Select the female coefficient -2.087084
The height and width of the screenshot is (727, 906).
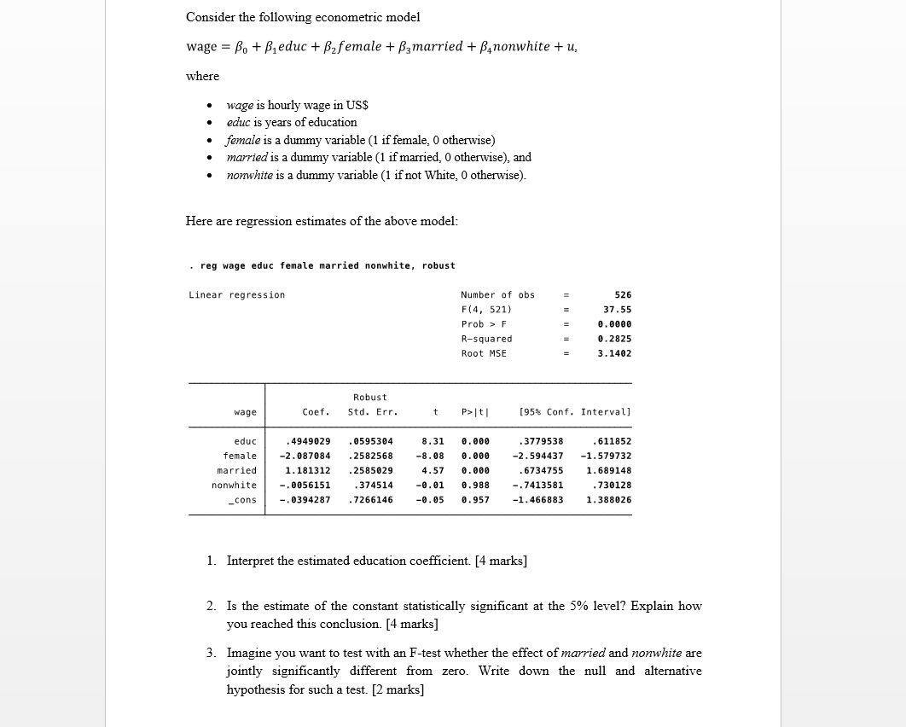[305, 456]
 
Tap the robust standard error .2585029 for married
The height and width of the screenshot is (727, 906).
[370, 470]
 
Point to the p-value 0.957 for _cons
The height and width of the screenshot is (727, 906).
[475, 499]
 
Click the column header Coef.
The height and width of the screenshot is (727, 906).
[316, 412]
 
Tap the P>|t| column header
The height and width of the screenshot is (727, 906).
[475, 412]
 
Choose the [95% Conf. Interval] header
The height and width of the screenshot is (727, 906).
[575, 412]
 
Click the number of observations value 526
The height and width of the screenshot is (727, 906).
[623, 294]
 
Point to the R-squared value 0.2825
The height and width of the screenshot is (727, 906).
[614, 339]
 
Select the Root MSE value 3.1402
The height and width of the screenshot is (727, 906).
[614, 353]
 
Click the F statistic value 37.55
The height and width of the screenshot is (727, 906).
[617, 309]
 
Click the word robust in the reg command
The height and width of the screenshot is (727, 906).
[438, 265]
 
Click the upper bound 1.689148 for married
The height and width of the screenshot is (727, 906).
[609, 470]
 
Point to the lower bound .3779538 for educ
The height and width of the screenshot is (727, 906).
[541, 441]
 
